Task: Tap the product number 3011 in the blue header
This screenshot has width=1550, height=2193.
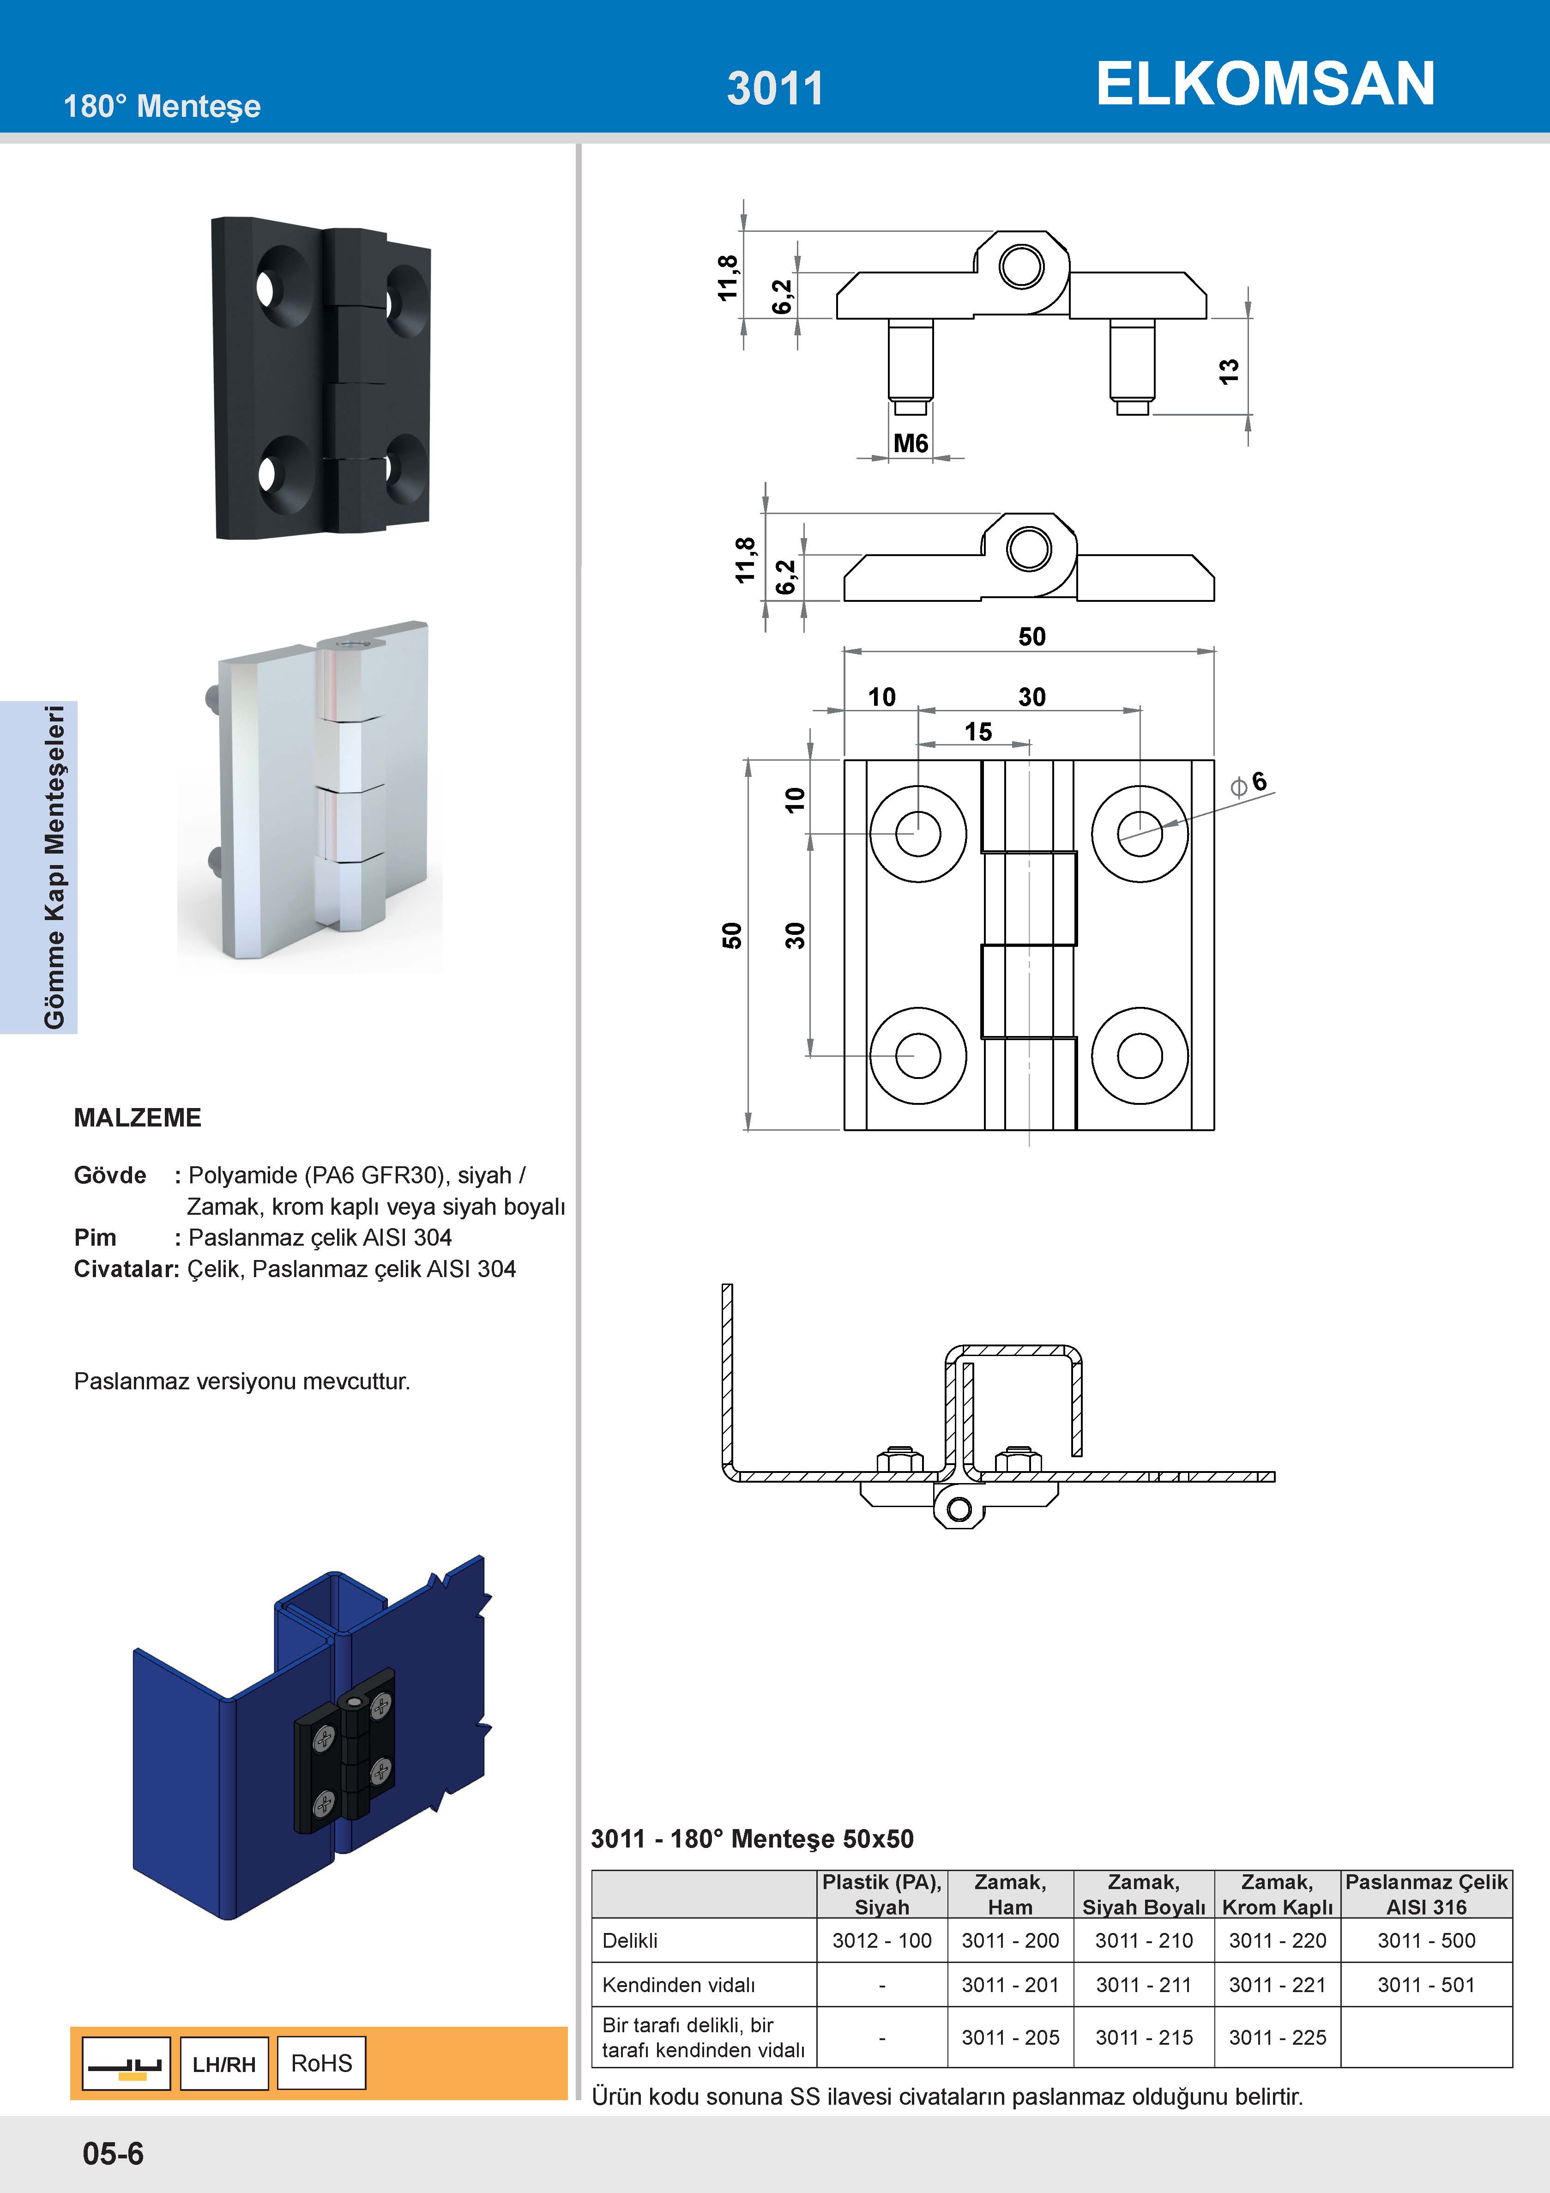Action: coord(774,88)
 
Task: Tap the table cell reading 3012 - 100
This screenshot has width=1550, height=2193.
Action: coord(881,1940)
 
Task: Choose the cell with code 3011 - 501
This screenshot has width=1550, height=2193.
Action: coord(1426,1985)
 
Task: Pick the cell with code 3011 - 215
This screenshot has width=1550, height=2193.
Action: coord(1143,2037)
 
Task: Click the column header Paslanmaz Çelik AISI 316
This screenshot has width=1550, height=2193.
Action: coord(1426,1894)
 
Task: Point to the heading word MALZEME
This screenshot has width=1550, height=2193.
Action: coord(138,1117)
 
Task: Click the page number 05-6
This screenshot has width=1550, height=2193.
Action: coord(113,2153)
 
